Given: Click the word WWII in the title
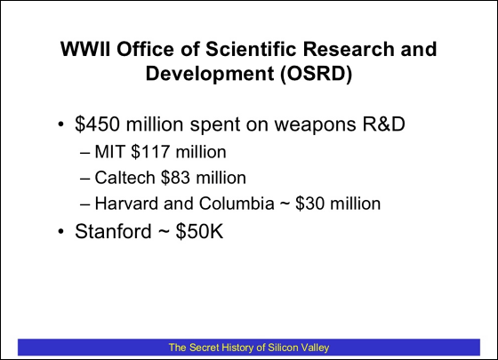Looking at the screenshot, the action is tap(85, 49).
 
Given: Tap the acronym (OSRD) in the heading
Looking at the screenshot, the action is tap(316, 74).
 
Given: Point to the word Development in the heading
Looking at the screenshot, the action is tap(210, 74).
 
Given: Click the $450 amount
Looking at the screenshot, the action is tap(98, 124).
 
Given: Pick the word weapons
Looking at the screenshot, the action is tap(316, 124).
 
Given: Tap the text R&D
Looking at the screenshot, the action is tap(384, 124).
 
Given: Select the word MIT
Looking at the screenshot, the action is tap(109, 151).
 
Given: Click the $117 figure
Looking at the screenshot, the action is tap(150, 151).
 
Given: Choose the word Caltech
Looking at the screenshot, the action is tap(124, 177).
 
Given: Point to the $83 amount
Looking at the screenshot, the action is tap(176, 177).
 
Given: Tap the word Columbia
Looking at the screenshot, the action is tap(237, 204).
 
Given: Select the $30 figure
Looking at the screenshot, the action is tap(310, 204).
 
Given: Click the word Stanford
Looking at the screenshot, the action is tap(113, 231).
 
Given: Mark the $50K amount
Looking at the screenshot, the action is tap(199, 231).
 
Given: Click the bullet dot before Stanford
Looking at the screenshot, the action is tap(61, 231).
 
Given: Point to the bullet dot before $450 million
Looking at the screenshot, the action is tap(61, 124).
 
